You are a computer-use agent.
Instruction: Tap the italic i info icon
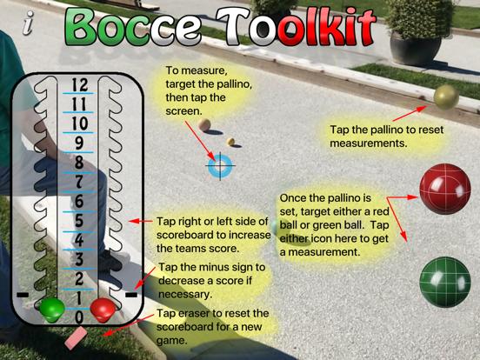point(28,23)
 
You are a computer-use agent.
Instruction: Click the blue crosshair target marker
point(220,166)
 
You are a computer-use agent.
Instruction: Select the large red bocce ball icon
point(445,189)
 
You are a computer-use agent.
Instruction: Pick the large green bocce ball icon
point(445,282)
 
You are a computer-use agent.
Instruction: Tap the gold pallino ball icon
point(446,97)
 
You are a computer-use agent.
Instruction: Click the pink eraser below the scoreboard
point(77,338)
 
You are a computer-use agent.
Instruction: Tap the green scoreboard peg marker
point(52,310)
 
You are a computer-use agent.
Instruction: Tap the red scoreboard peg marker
point(103,310)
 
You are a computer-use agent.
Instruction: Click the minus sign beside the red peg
point(131,295)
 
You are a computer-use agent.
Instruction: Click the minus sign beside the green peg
point(23,295)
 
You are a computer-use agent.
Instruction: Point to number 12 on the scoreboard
point(79,84)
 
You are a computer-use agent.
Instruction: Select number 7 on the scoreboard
point(79,182)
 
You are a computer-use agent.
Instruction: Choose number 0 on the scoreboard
point(79,317)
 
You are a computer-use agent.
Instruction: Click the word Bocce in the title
point(132,27)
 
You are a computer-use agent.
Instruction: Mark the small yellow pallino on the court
point(230,142)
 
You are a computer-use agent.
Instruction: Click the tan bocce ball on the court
point(203,124)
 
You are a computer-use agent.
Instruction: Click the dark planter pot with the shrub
point(416,49)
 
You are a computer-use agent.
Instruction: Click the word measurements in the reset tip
point(369,143)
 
